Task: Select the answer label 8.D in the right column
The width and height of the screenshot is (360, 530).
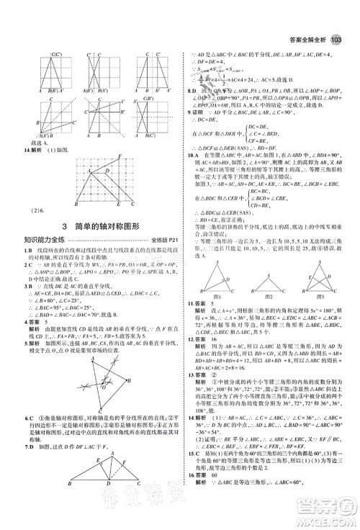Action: (192, 91)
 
